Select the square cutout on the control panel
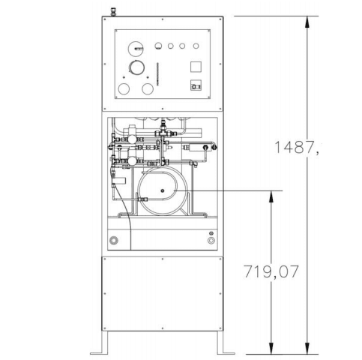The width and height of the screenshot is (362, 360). (196, 67)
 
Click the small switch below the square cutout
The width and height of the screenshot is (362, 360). (196, 85)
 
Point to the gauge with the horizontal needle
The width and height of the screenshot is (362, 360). (135, 48)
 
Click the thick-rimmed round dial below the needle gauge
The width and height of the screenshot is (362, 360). (136, 68)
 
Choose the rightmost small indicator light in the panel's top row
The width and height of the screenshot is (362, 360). (195, 46)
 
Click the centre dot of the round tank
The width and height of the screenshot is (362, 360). (159, 198)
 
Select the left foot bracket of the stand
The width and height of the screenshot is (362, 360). (98, 352)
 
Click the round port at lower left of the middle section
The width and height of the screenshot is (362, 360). (114, 241)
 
